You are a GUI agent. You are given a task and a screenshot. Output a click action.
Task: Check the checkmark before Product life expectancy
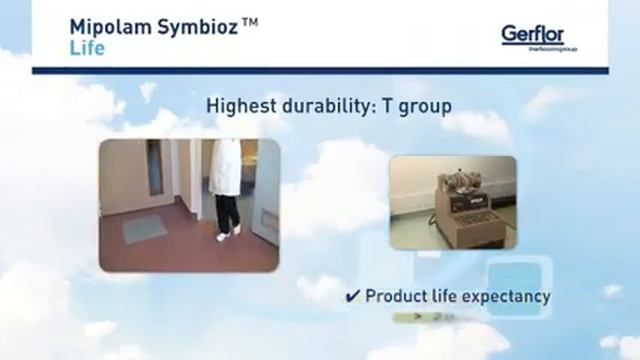tap(353, 296)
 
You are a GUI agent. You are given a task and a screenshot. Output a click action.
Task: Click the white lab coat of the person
tap(227, 167)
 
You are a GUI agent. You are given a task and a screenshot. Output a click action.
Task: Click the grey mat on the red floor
tap(144, 228)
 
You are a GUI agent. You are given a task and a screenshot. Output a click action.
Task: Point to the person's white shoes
tap(227, 233)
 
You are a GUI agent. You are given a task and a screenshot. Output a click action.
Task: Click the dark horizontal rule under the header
tap(320, 70)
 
